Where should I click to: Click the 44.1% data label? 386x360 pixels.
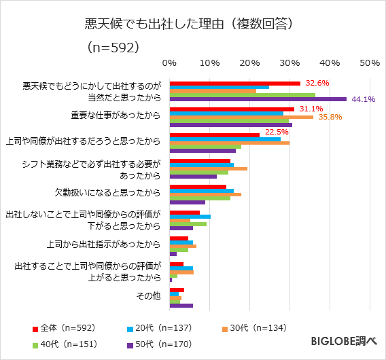[364, 99]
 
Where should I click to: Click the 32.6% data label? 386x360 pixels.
[317, 83]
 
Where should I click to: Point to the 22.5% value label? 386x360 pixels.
[277, 132]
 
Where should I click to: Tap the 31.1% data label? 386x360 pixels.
[311, 109]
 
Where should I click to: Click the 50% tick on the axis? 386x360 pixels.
[369, 62]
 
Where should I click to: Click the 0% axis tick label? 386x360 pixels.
[169, 62]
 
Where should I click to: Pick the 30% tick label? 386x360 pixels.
[289, 62]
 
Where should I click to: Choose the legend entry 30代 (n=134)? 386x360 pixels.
[256, 328]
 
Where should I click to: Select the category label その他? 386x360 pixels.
[148, 295]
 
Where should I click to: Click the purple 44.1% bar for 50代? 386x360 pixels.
[258, 99]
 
